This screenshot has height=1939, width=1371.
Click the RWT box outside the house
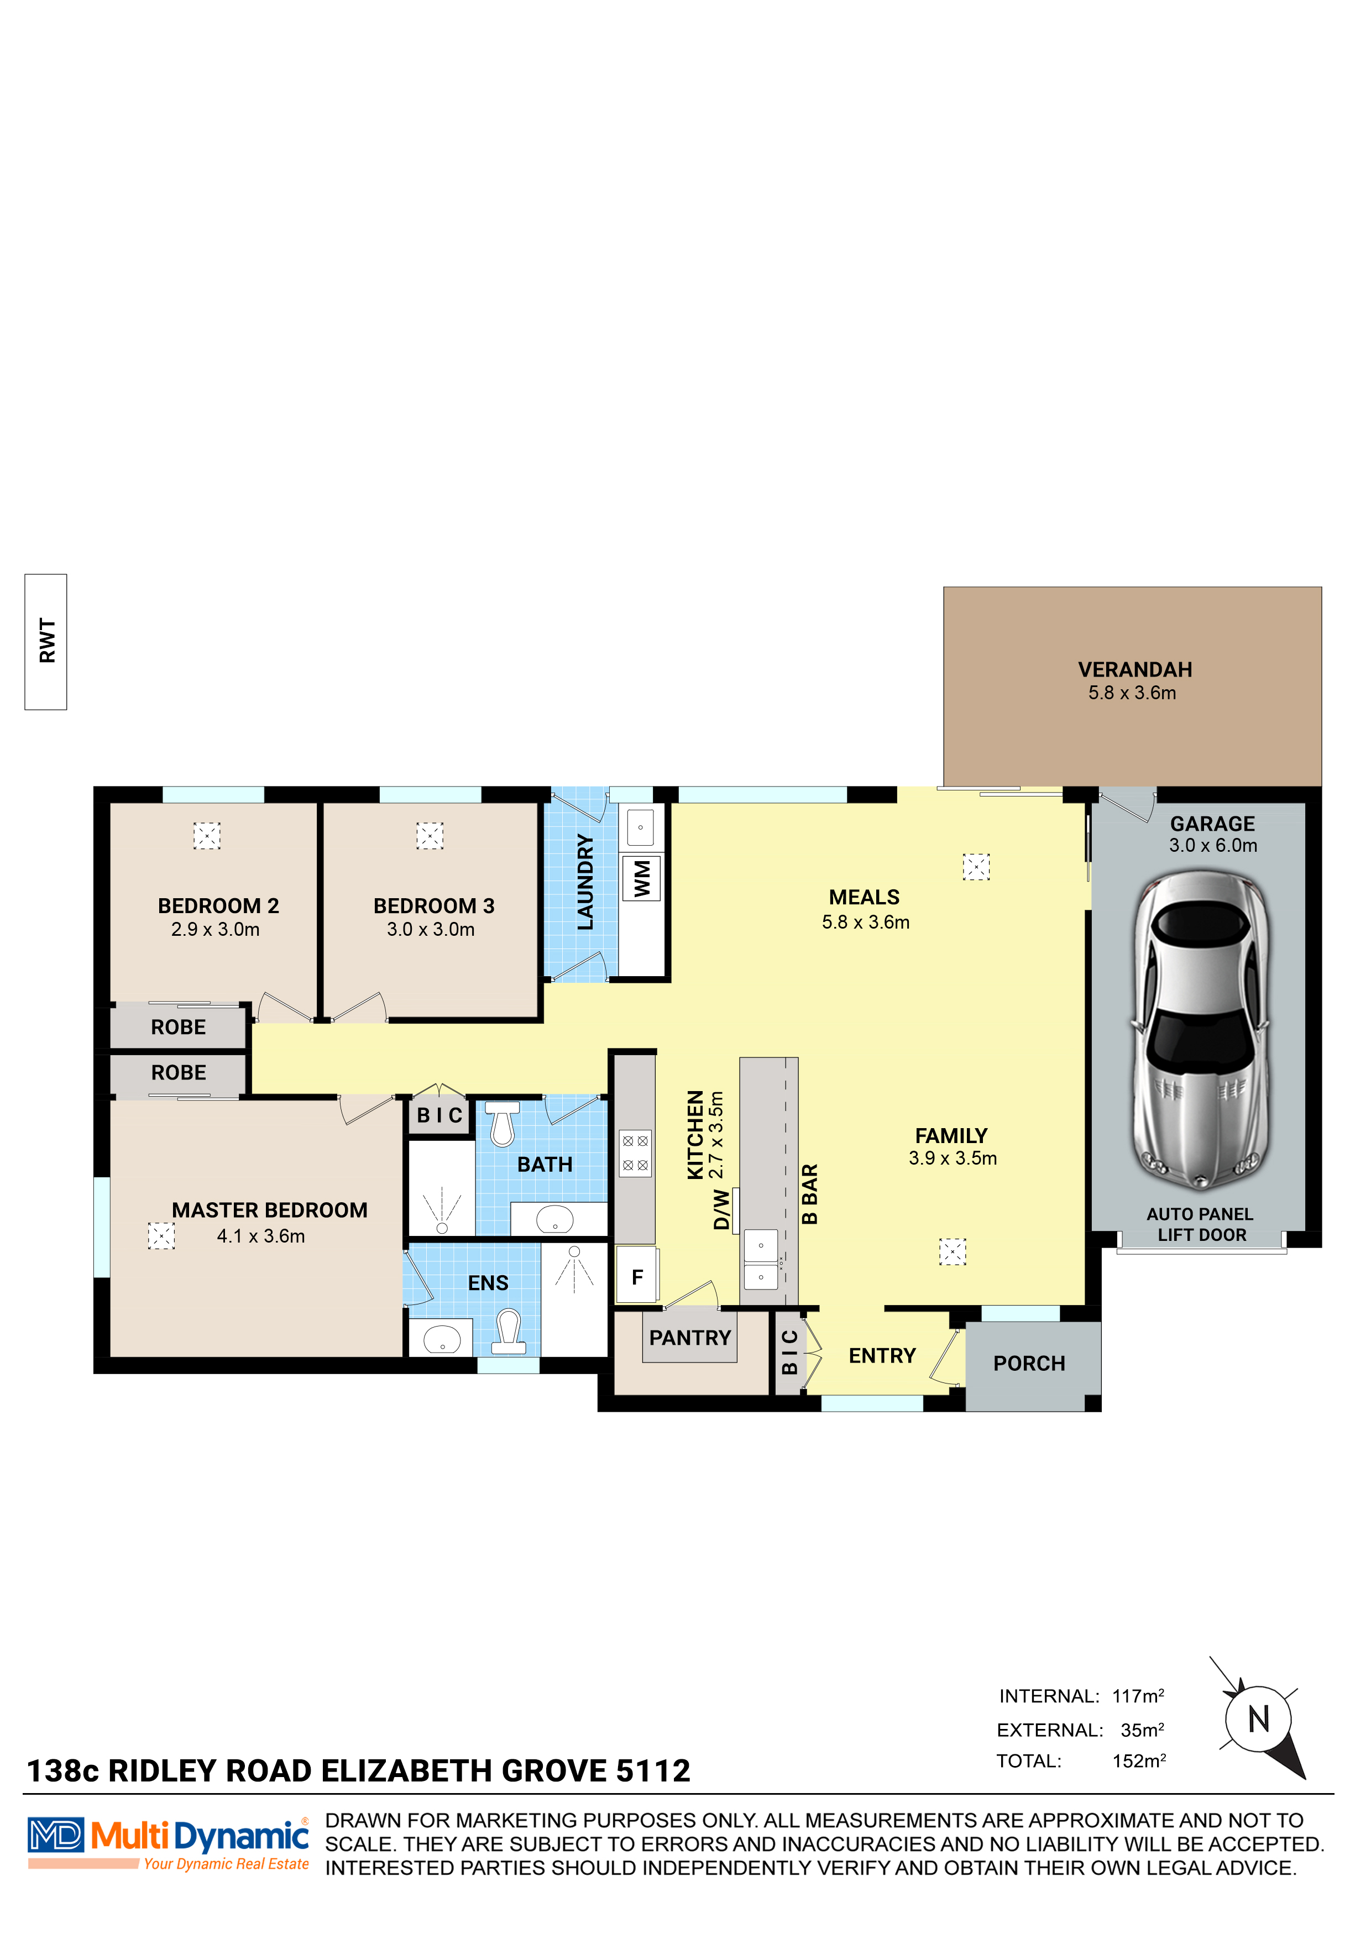click(x=46, y=641)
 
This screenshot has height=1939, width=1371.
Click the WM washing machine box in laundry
click(x=642, y=879)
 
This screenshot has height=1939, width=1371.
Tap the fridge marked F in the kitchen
click(x=637, y=1277)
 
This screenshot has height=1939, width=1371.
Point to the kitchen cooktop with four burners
click(x=635, y=1153)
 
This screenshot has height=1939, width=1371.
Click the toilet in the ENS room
click(x=509, y=1328)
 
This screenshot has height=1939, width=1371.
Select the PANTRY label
click(x=689, y=1338)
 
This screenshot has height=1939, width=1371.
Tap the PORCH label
click(x=1029, y=1363)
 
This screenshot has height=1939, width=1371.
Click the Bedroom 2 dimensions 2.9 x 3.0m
click(x=216, y=930)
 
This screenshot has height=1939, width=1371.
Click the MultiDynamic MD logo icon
click(x=56, y=1835)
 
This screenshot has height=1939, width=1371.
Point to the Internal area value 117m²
click(x=1138, y=1696)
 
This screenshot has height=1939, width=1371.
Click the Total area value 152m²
click(x=1138, y=1762)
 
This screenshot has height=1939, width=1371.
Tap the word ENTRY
click(x=882, y=1355)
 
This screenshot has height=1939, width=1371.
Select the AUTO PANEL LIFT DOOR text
click(x=1200, y=1224)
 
